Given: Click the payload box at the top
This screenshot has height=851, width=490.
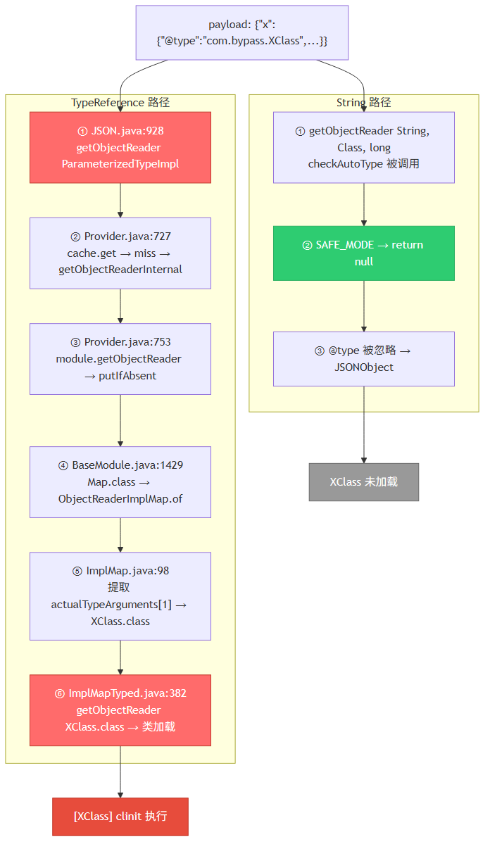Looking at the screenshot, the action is pos(242,32).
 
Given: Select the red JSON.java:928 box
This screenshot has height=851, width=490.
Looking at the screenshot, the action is pos(120,147).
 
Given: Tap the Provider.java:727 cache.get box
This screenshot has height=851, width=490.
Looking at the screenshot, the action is pos(120,253).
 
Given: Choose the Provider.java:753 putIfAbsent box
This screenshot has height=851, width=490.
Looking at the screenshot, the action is pos(120,359).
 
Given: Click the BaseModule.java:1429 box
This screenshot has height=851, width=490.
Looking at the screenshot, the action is pos(120,481).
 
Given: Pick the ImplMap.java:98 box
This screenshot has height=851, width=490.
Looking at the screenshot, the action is pos(120,596).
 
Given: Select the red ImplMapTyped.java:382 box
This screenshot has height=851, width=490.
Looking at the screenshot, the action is pos(120,710).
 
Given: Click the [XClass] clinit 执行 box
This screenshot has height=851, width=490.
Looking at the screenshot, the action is pos(120,817).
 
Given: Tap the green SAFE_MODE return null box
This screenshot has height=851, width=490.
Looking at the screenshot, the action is pos(364,253).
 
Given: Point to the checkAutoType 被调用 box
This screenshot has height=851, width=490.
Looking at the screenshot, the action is pos(364,147).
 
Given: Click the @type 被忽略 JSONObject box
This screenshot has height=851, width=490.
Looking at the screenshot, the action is pos(364,359).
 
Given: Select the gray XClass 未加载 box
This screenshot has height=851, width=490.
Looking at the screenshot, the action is pos(364,481).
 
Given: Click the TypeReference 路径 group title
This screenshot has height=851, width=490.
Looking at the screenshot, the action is pos(120,102).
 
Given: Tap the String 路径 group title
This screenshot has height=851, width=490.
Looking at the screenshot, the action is pos(364,102).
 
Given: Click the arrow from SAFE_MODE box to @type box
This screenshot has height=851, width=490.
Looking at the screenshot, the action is pos(364,305).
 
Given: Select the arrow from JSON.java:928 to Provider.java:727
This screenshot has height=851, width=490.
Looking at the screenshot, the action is pos(120,200).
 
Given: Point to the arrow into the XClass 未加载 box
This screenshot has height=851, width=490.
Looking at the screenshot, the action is pos(364,424).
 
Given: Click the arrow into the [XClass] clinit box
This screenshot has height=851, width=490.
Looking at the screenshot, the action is pos(120,771).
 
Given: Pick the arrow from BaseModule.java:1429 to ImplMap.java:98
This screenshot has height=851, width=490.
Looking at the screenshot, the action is pos(120,534).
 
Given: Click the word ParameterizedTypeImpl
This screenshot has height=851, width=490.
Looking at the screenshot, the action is pos(120,164).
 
